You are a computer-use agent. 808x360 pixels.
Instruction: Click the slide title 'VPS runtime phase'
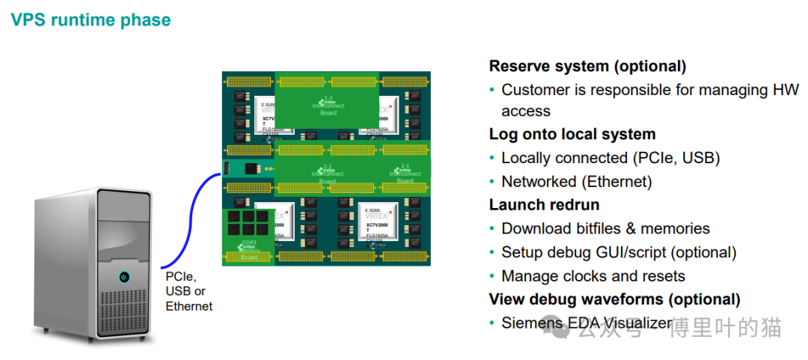point(91,20)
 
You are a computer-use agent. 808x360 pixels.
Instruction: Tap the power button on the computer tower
point(123,278)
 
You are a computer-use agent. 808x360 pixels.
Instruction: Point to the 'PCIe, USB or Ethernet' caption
point(189,291)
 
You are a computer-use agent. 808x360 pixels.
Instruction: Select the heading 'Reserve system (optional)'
point(587,66)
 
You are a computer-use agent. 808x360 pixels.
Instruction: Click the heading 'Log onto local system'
point(572,135)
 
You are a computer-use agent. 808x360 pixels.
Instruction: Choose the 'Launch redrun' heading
point(544,205)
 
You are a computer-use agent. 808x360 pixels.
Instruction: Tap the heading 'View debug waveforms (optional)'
point(614,299)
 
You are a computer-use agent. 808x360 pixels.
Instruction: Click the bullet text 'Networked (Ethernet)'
point(576,182)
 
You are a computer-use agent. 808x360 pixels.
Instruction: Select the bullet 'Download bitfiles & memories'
point(605,229)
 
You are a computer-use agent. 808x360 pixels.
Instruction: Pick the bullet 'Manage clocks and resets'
point(593,276)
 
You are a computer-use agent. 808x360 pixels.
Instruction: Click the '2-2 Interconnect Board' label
point(328,173)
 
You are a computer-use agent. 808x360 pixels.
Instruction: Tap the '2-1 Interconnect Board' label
point(405,173)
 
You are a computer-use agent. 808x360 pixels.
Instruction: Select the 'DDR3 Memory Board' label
point(248,250)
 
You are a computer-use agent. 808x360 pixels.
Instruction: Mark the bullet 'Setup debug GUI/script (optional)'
point(619,252)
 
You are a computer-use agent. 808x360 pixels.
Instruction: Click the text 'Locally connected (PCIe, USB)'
point(610,158)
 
